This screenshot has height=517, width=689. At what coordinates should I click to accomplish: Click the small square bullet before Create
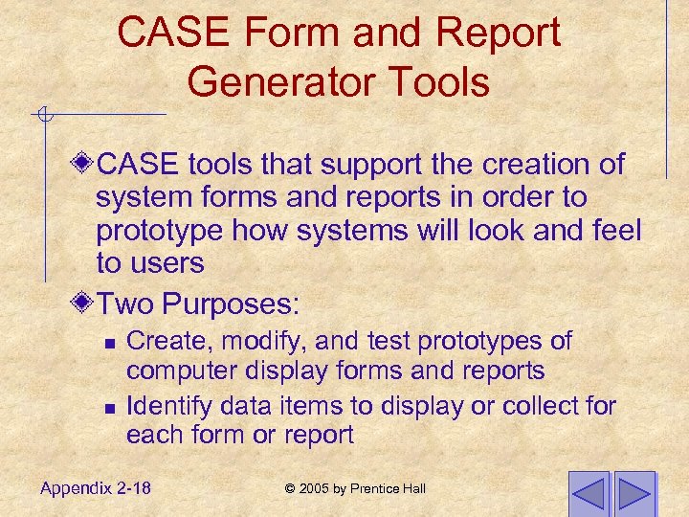[109, 343]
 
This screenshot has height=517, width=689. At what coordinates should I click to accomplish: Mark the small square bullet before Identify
[109, 408]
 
